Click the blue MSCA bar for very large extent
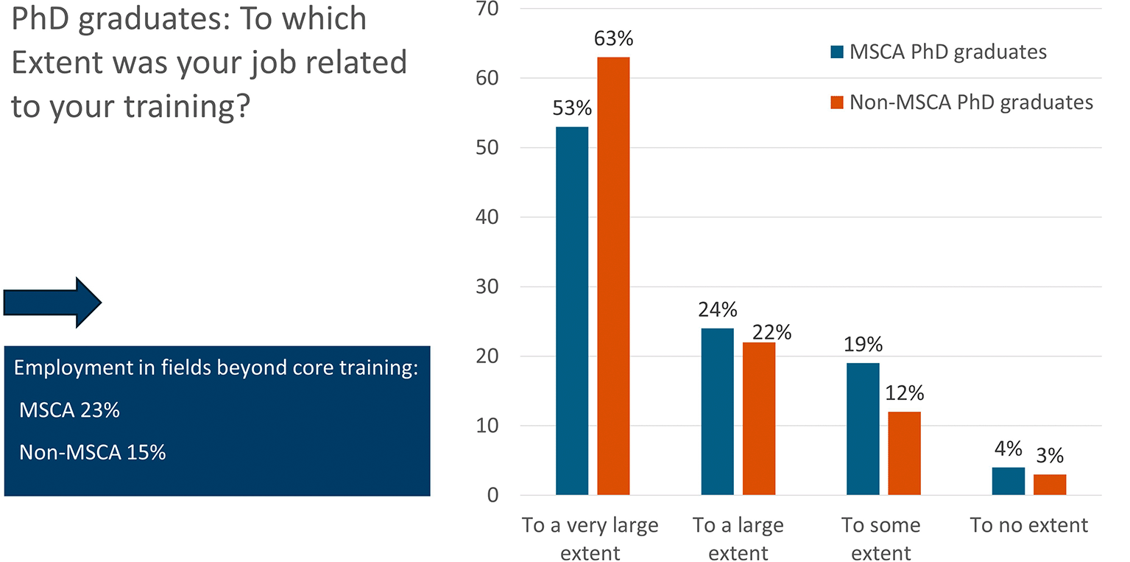click(x=572, y=311)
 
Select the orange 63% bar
click(x=613, y=275)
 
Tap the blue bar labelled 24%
click(x=717, y=412)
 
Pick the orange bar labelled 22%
click(x=759, y=418)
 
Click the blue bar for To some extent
click(x=863, y=429)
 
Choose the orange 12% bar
click(x=905, y=453)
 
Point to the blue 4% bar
click(x=1009, y=481)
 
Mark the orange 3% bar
click(x=1050, y=485)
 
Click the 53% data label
click(x=572, y=108)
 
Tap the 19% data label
click(x=863, y=345)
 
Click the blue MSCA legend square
click(x=837, y=52)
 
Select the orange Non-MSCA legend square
click(x=837, y=102)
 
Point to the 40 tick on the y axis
click(x=487, y=217)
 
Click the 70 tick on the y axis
click(x=487, y=9)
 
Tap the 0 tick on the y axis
click(x=493, y=496)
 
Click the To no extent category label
click(x=1029, y=525)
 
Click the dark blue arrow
click(x=52, y=303)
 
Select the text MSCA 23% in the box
click(x=70, y=410)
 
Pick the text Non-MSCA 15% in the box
click(x=92, y=452)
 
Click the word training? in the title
click(x=187, y=107)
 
